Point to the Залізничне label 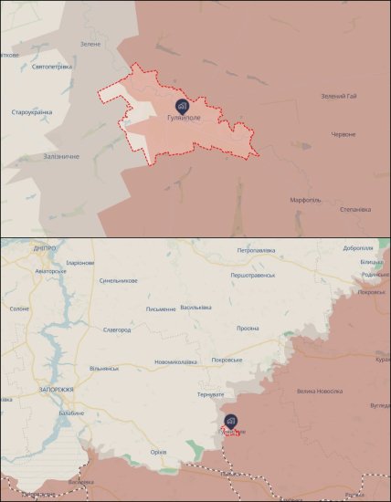coord(59,157)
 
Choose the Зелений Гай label coord(340,97)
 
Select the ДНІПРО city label coord(44,248)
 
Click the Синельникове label coord(119,281)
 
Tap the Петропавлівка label coord(257,250)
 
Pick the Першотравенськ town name coord(256,276)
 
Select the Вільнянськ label coord(104,368)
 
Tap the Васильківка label coord(195,307)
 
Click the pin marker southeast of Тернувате coord(230,421)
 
